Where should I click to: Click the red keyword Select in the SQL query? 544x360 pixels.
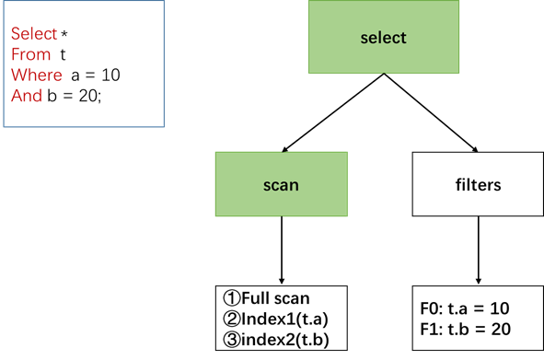coord(33,34)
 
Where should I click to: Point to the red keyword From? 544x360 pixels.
coord(29,54)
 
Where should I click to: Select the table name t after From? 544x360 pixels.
coord(63,54)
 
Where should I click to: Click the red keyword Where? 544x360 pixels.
coord(35,75)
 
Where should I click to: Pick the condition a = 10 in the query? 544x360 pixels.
coord(95,75)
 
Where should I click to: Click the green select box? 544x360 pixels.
coord(382,38)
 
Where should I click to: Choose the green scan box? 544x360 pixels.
coord(281,184)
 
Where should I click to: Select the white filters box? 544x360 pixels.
coord(478,184)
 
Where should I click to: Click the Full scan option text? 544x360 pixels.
coord(275,298)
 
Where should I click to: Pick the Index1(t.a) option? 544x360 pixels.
coord(285,319)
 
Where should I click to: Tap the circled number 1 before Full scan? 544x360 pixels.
coord(231,298)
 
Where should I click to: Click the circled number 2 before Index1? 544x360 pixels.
coord(231,319)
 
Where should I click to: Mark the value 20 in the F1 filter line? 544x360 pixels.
coord(500,330)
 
